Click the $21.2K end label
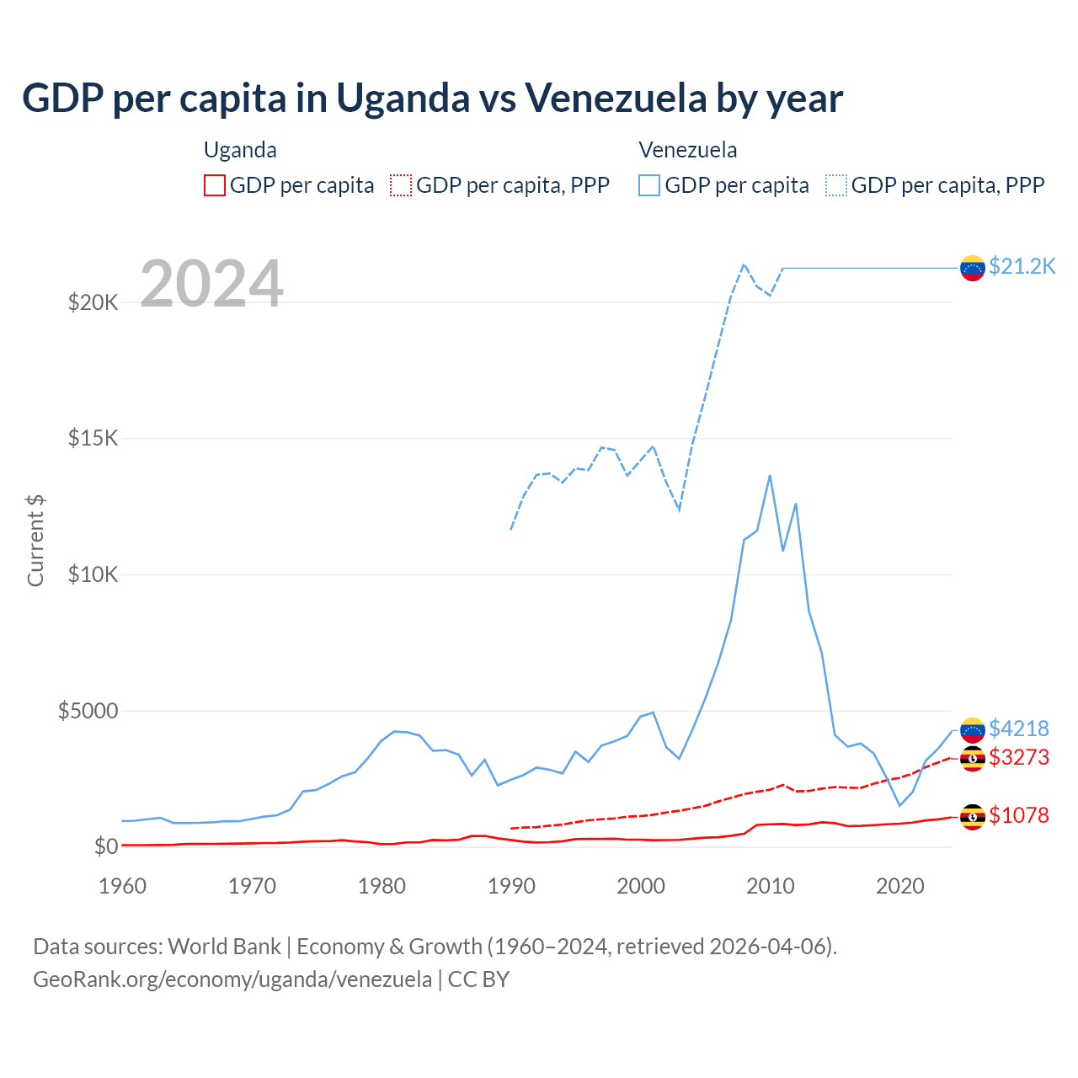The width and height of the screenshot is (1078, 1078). pyautogui.click(x=1022, y=267)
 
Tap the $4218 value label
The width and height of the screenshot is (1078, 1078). pyautogui.click(x=1018, y=728)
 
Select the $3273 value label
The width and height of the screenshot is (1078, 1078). pyautogui.click(x=1018, y=757)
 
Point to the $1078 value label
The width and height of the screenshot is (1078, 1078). pyautogui.click(x=1018, y=815)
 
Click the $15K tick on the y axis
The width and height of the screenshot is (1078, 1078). pyautogui.click(x=93, y=439)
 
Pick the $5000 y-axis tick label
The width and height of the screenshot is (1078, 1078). pyautogui.click(x=88, y=712)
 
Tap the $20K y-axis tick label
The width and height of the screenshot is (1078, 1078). pyautogui.click(x=93, y=302)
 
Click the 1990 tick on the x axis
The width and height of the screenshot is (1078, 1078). pyautogui.click(x=511, y=886)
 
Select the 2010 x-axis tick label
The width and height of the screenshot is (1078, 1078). pyautogui.click(x=771, y=886)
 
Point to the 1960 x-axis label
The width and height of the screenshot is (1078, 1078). pyautogui.click(x=123, y=886)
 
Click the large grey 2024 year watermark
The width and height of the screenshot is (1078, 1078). pyautogui.click(x=211, y=284)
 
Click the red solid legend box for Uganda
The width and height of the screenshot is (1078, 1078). pyautogui.click(x=215, y=185)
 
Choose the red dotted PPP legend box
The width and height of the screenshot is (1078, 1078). pyautogui.click(x=401, y=185)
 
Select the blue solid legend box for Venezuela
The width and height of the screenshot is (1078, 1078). pyautogui.click(x=649, y=185)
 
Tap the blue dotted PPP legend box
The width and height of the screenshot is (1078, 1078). pyautogui.click(x=836, y=185)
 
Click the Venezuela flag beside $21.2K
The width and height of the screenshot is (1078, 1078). pyautogui.click(x=973, y=268)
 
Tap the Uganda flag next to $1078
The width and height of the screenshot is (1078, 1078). pyautogui.click(x=973, y=816)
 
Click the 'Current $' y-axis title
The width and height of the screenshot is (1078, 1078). pyautogui.click(x=35, y=541)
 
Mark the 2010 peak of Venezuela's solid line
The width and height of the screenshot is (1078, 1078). pyautogui.click(x=770, y=476)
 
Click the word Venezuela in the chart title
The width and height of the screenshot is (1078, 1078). pyautogui.click(x=616, y=99)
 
